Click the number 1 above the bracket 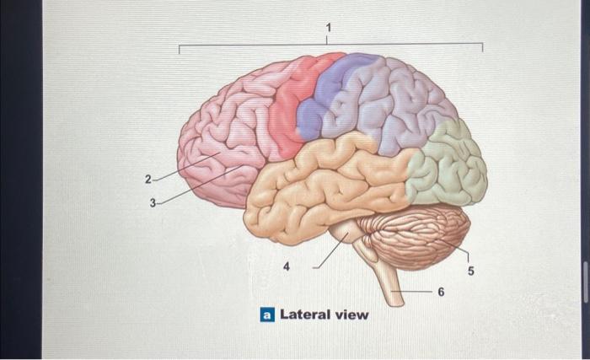pos(329,31)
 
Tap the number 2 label pos(148,180)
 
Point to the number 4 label pos(287,266)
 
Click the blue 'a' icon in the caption pos(266,315)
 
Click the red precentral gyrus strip pos(292,110)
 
